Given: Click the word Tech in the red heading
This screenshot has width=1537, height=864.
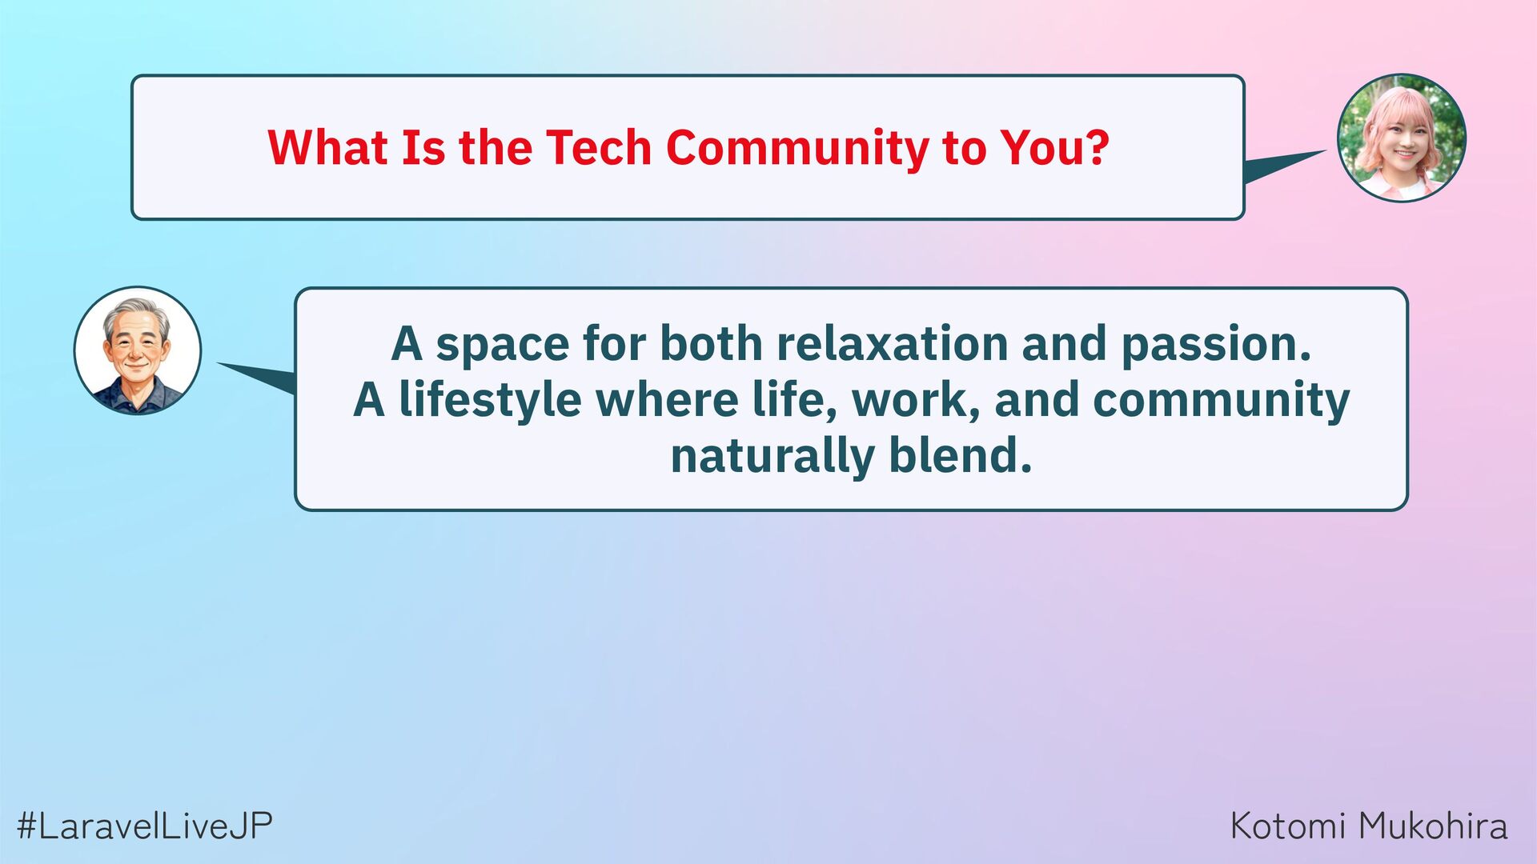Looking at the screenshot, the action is (x=599, y=148).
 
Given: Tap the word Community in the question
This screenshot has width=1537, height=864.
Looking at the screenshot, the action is (x=797, y=150).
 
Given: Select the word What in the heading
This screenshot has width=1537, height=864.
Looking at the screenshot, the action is (x=327, y=148).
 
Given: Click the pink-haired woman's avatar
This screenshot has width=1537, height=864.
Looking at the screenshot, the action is (x=1402, y=138).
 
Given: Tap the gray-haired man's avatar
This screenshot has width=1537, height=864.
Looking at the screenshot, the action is (x=138, y=350).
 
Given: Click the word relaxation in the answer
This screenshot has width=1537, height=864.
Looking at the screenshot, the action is (x=892, y=344).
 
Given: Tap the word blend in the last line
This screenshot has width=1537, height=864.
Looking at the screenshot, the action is (x=961, y=456).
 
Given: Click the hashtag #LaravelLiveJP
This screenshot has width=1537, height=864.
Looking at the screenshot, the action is (x=145, y=826).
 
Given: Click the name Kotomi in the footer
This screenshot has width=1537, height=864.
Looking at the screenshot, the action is (x=1289, y=826).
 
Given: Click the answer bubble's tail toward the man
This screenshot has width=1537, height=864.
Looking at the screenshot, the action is (x=256, y=378).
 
